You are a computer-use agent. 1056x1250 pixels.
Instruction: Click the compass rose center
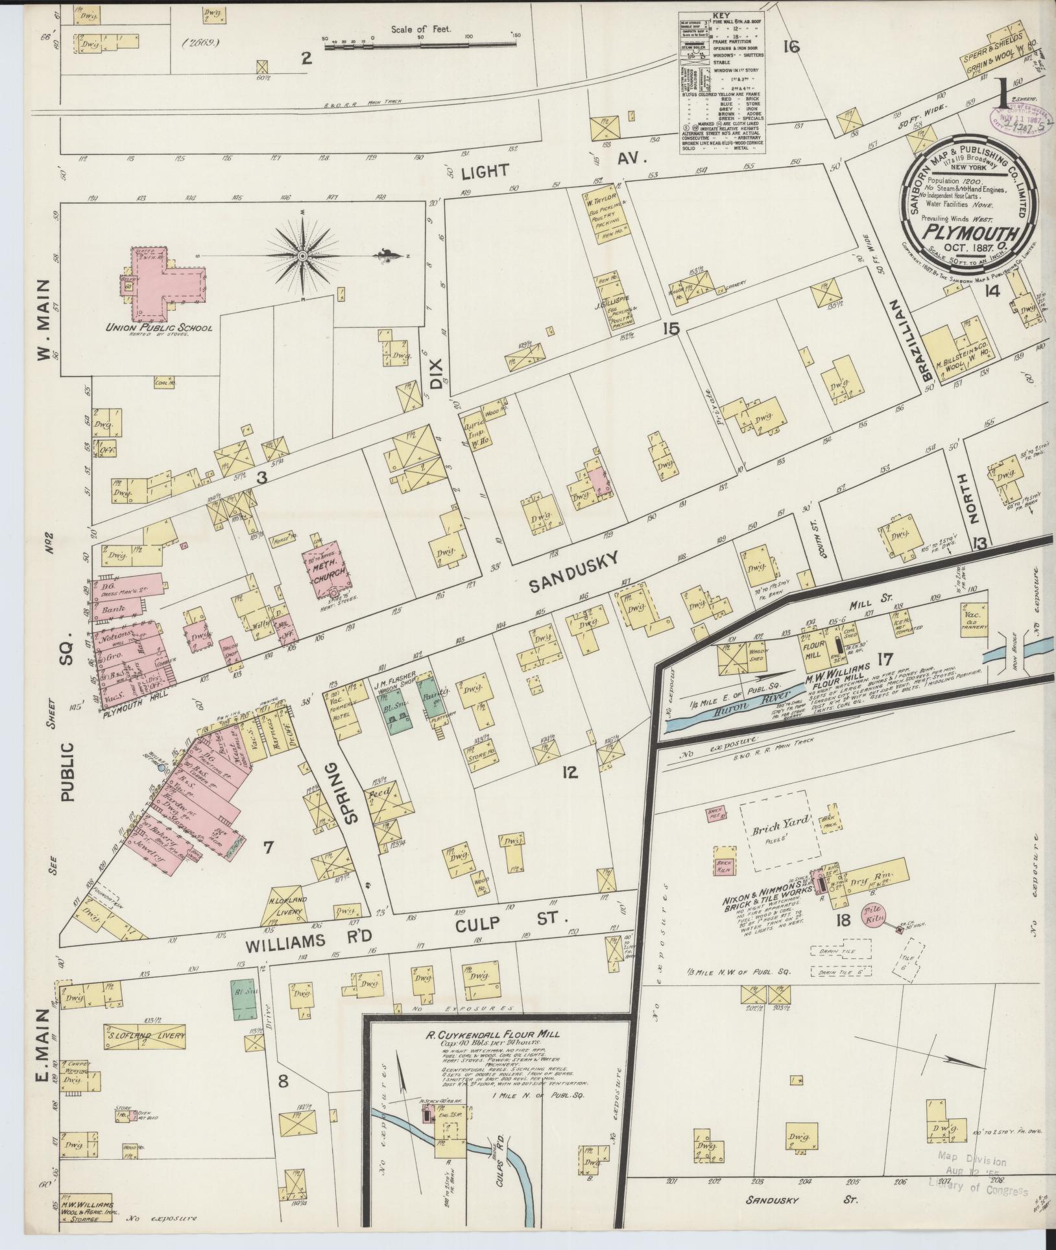[302, 257]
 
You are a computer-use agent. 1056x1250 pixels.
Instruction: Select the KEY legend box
[722, 82]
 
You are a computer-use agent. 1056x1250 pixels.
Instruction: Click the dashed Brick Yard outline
[780, 830]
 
